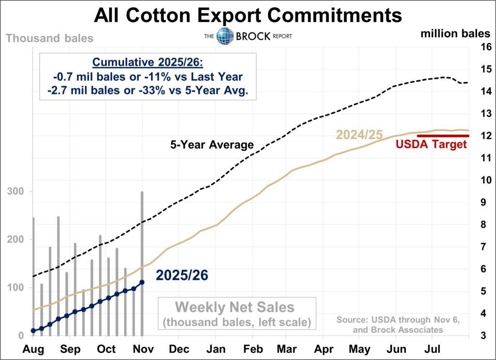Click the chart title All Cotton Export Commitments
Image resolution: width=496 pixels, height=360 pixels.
pos(248,16)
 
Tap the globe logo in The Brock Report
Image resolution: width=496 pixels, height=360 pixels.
pos(225,36)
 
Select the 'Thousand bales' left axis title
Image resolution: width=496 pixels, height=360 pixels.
pos(50,38)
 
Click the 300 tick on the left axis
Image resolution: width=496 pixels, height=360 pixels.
pos(17,192)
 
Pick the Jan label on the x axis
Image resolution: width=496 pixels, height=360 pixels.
pos(215,349)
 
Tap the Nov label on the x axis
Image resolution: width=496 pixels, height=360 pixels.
pos(142,349)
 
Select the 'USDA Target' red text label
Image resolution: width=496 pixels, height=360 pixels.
pos(431,144)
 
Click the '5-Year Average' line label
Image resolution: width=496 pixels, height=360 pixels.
pos(212,144)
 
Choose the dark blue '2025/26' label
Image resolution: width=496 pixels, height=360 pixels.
pos(182,275)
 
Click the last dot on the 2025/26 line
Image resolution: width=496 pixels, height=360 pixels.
pos(142,282)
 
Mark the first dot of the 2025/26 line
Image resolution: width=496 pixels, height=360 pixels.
pos(33,331)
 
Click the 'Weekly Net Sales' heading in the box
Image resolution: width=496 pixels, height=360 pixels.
pos(234,307)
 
